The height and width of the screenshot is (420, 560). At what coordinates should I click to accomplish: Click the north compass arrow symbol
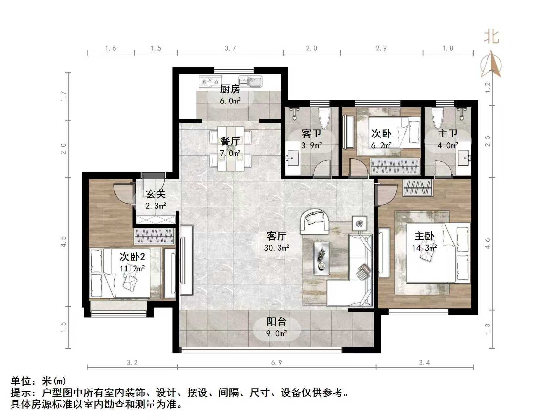[491, 64]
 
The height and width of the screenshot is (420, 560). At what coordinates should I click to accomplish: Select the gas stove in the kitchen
[210, 81]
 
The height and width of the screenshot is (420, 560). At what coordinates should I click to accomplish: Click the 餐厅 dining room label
[230, 141]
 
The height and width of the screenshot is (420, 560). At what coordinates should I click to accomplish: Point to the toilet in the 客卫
[324, 118]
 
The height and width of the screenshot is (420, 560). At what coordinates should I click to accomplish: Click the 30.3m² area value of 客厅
[277, 248]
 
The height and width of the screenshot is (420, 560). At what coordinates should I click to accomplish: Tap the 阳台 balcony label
[277, 322]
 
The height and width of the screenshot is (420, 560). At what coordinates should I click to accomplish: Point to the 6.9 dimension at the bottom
[277, 363]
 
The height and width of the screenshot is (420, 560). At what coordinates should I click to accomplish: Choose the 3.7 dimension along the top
[230, 48]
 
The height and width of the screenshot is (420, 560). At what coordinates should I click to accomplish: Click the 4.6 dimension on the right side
[487, 243]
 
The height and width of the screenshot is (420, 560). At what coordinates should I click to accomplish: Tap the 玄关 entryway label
[156, 194]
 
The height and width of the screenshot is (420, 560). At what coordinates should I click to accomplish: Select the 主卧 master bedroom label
[425, 236]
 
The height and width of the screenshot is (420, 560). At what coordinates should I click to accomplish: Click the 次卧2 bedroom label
[132, 256]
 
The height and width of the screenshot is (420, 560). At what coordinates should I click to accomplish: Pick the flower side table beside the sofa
[360, 223]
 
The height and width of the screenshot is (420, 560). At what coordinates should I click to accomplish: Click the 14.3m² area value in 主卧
[425, 248]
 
